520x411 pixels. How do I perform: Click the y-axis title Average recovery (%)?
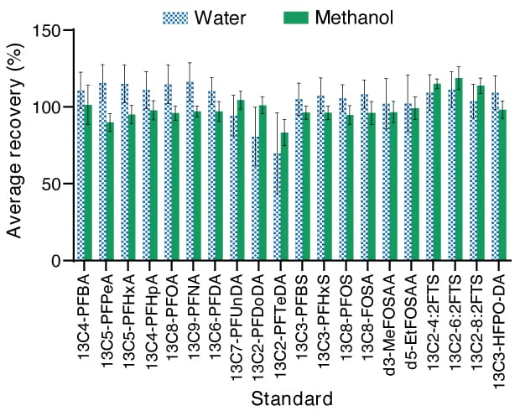pos(14,144)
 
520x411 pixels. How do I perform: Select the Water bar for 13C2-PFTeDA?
pos(278,207)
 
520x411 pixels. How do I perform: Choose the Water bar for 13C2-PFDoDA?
pos(256,199)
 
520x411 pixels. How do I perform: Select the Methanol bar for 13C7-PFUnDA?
pos(241,180)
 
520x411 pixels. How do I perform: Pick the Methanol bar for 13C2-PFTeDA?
pos(285,196)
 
